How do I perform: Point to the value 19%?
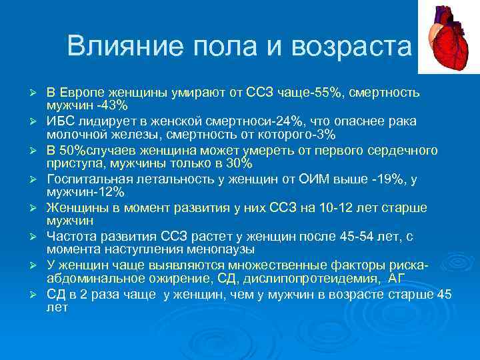tap(371, 178)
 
